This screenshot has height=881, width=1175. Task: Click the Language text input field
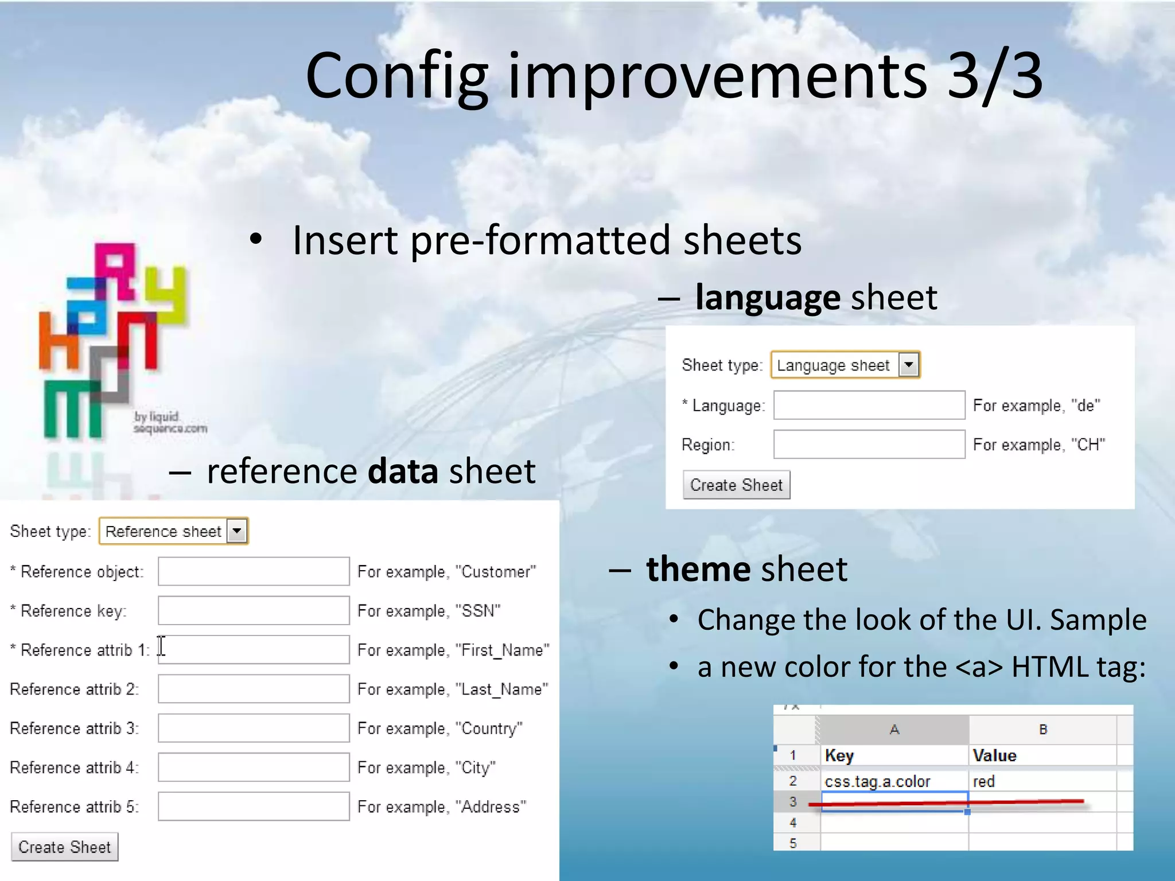coord(869,405)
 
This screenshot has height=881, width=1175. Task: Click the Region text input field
coord(869,445)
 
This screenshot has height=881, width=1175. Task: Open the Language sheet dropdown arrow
coord(908,365)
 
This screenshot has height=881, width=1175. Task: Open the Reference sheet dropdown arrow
coord(236,531)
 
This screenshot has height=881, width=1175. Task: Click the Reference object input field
coord(254,571)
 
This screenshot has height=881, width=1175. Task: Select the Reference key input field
coord(254,610)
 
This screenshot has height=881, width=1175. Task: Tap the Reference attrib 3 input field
coord(254,728)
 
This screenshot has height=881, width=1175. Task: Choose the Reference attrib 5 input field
coord(254,806)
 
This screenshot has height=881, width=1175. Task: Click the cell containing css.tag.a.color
coord(894,781)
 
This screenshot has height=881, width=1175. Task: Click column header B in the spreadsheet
coord(1042,730)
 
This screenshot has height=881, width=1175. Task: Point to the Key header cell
coord(894,755)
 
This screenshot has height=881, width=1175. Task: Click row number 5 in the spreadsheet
coord(793,843)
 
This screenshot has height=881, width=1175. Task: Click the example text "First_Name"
coord(502,650)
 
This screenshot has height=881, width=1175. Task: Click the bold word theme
coord(698,569)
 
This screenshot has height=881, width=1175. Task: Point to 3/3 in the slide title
coord(994,76)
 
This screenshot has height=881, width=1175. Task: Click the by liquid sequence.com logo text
coord(169,423)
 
